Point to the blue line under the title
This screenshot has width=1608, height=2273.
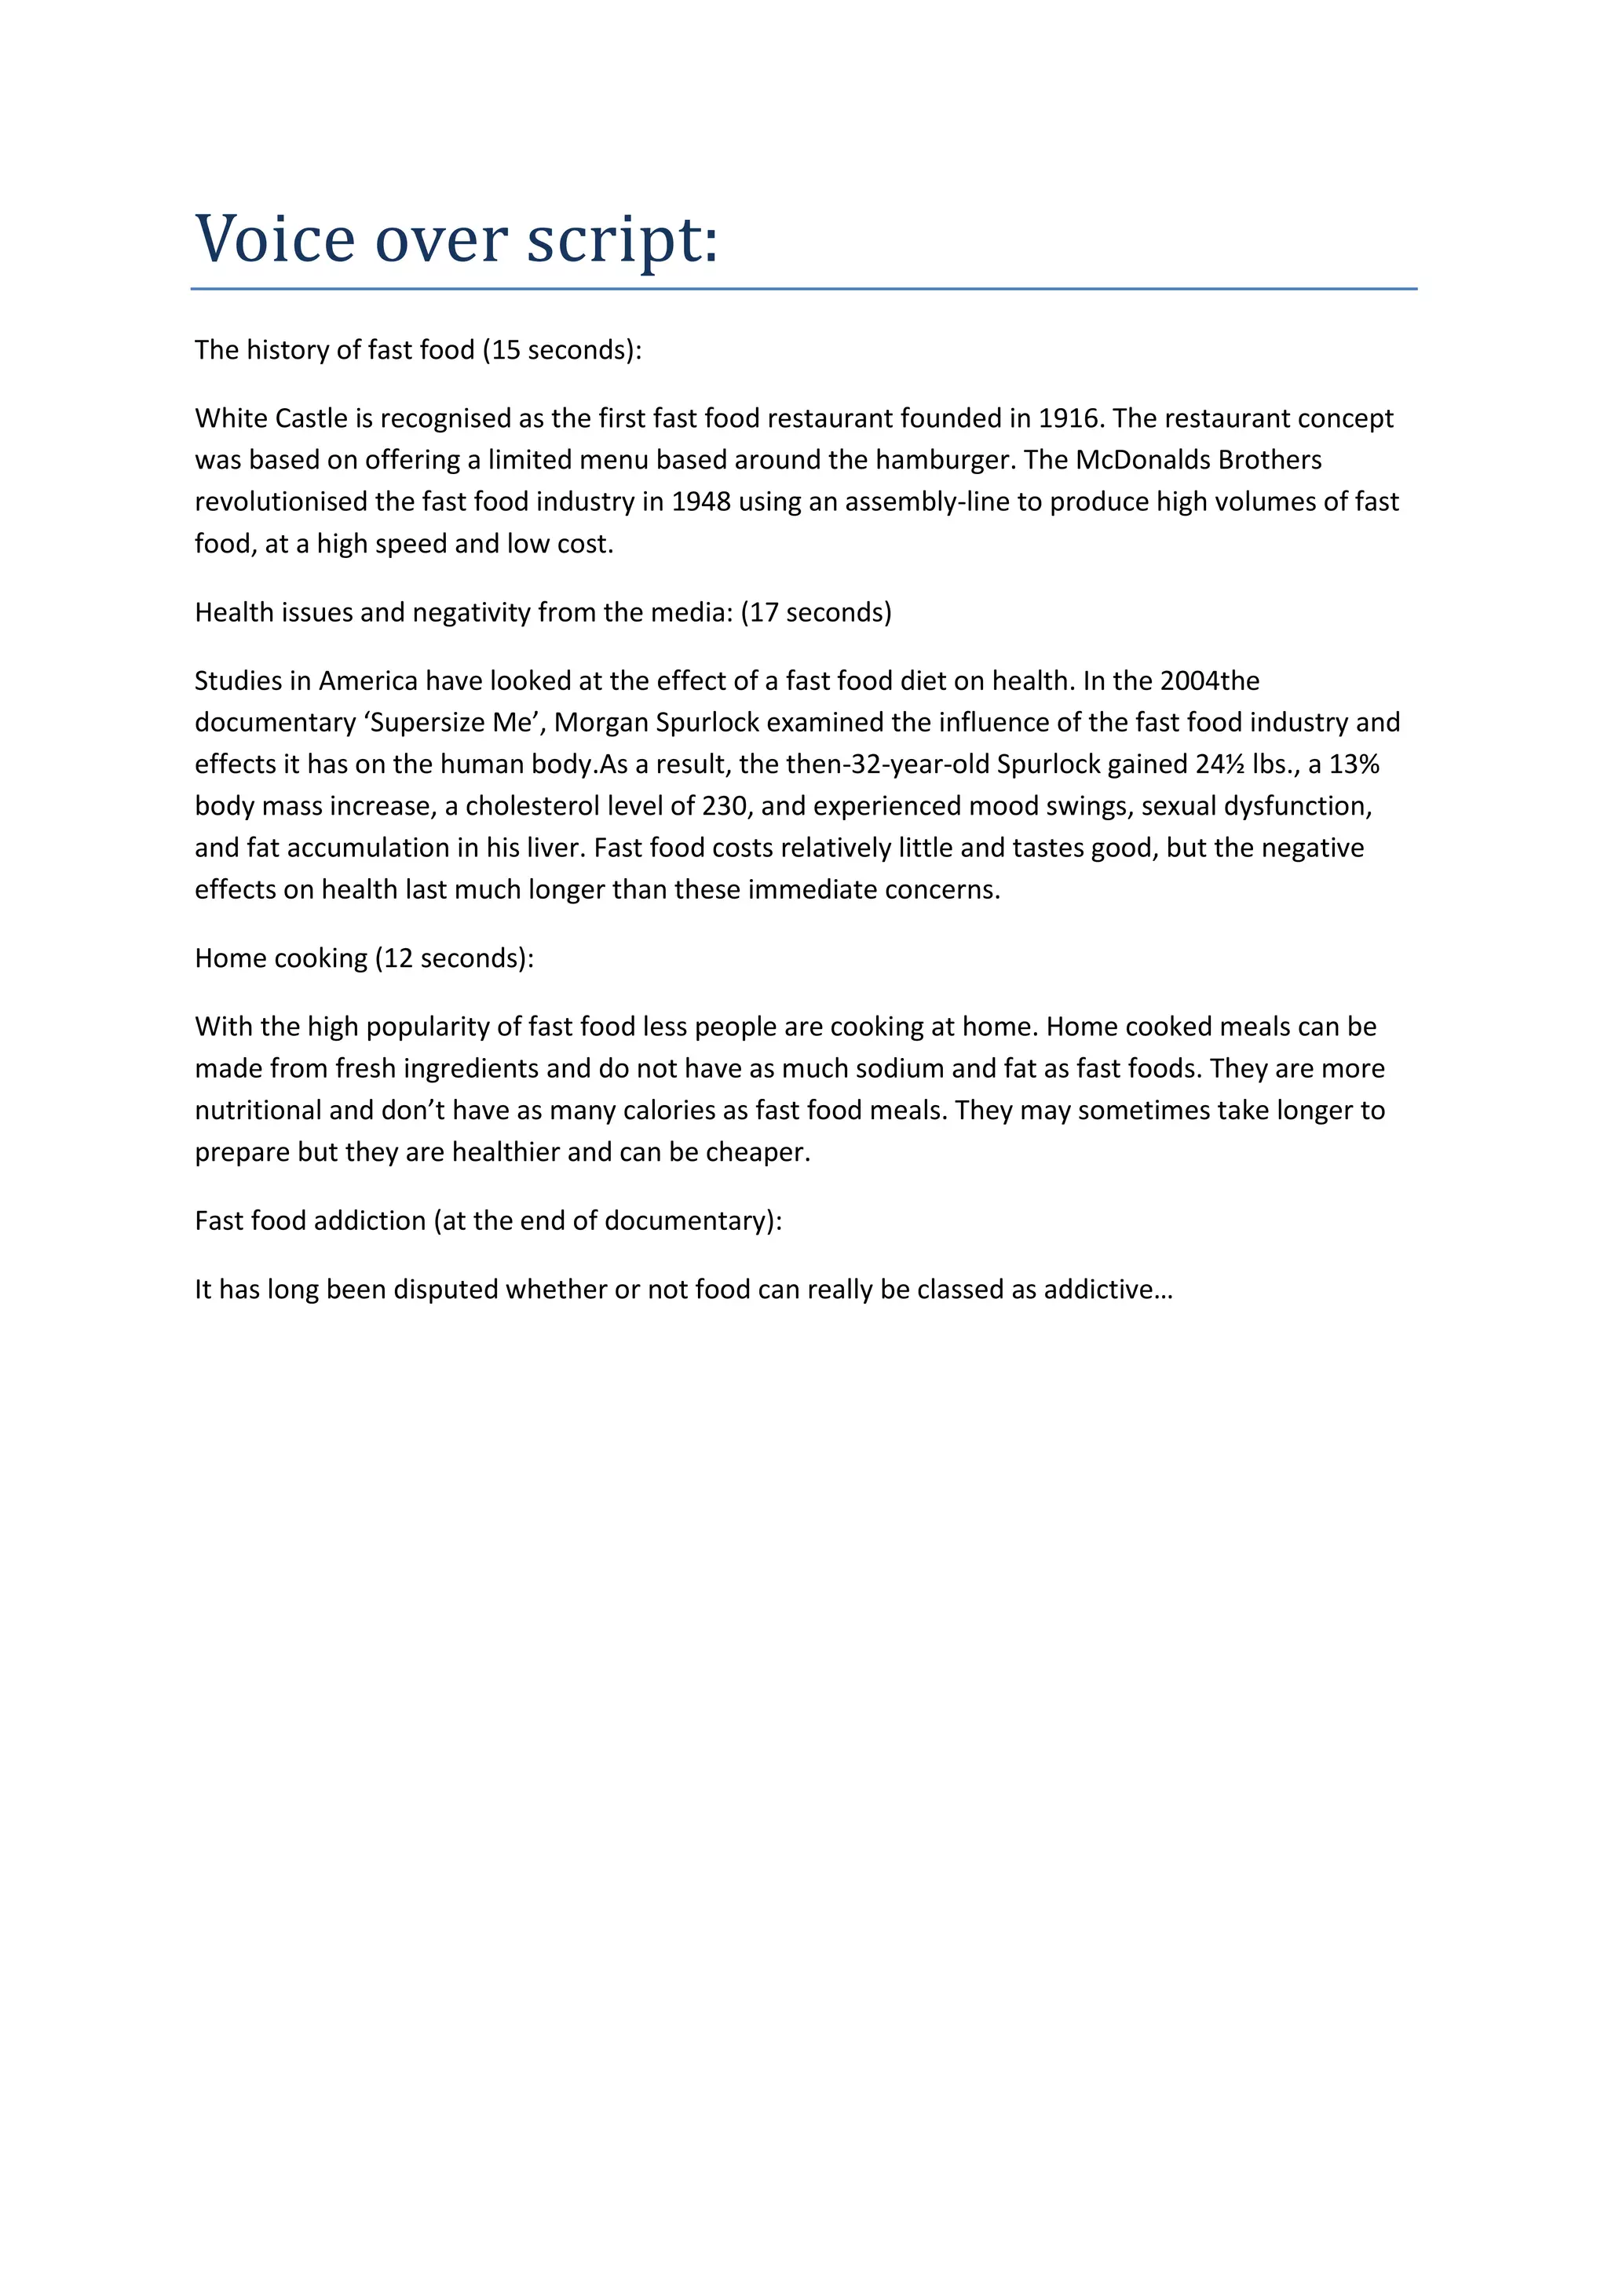coord(803,289)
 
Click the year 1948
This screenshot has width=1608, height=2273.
coord(701,502)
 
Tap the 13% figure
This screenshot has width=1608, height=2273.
coord(1355,764)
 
